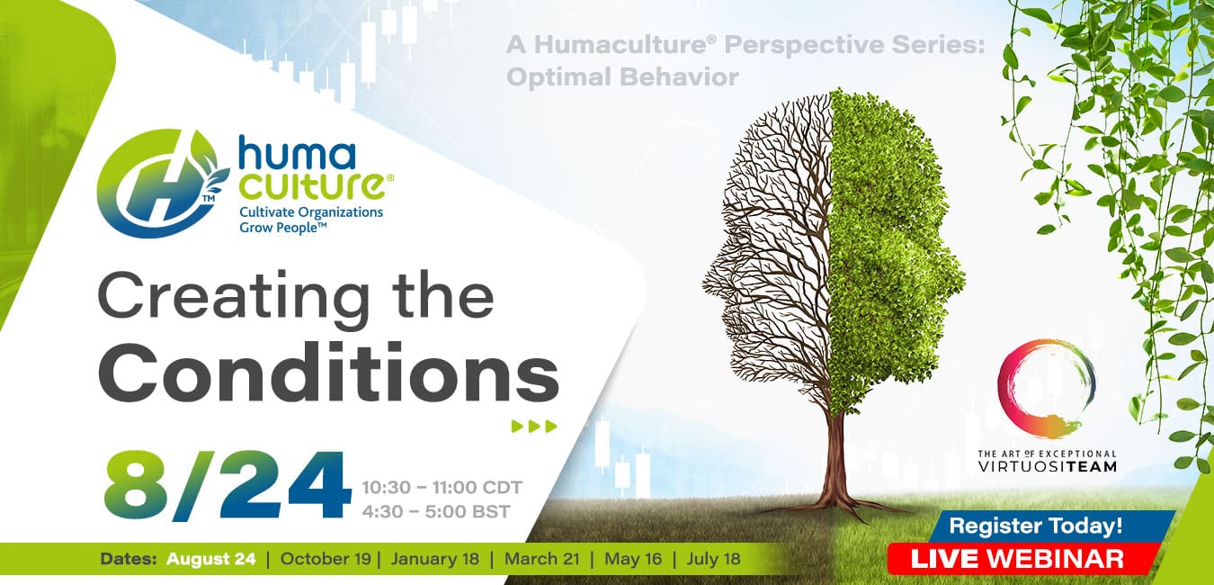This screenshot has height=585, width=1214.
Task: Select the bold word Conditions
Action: [x=328, y=373]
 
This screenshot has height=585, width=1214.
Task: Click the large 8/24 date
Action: [x=228, y=485]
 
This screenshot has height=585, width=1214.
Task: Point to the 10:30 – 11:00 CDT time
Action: [x=442, y=488]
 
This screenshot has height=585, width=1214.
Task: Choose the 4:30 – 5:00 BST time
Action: [x=436, y=511]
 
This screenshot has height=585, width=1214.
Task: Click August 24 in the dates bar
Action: [x=210, y=559]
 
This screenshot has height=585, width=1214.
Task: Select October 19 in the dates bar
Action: [x=326, y=559]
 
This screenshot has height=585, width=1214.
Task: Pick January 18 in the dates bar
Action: [x=435, y=559]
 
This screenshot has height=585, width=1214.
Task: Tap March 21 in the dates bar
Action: [x=541, y=559]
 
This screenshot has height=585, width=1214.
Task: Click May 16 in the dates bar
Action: [x=633, y=559]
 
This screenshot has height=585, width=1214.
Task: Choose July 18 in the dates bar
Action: [x=713, y=559]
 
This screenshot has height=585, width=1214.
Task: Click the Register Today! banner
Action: [x=1035, y=526]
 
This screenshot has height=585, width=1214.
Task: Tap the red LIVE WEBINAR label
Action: [x=1017, y=559]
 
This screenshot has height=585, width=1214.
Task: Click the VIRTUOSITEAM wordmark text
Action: [x=1047, y=466]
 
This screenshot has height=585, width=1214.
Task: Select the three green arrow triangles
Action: [x=534, y=426]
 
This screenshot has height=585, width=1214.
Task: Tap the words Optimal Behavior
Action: [x=622, y=77]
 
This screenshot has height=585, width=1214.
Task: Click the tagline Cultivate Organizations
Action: [x=311, y=212]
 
